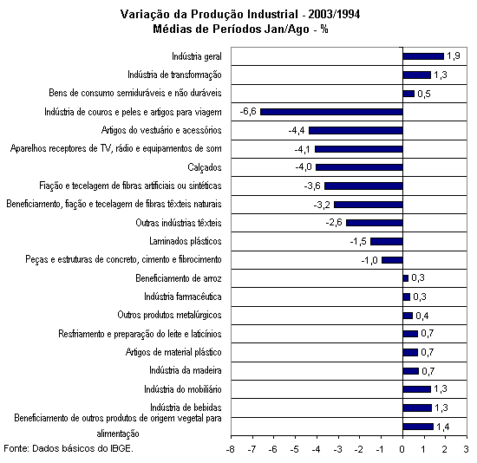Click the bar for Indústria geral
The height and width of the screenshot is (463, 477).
tap(423, 56)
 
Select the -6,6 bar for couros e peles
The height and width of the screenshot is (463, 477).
tap(331, 112)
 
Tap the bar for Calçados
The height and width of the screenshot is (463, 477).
tap(360, 167)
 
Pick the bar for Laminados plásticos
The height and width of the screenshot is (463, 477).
tap(387, 242)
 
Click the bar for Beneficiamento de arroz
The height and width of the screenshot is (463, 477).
tap(406, 278)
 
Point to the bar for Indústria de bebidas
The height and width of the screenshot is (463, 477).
tap(417, 408)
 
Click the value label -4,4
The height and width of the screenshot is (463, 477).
tap(297, 131)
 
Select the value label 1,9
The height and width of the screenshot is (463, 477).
tap(454, 56)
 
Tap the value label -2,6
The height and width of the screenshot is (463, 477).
tap(334, 223)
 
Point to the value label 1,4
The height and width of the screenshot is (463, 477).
tap(442, 427)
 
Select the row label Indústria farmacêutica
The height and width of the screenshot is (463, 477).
tap(183, 297)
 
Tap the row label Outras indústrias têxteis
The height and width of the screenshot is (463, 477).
tap(179, 223)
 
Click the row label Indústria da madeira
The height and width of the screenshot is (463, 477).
tap(186, 370)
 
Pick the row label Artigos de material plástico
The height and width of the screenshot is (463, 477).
tap(173, 352)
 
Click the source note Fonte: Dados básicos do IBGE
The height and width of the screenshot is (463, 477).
tap(69, 448)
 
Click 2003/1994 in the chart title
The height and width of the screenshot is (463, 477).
tap(334, 14)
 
